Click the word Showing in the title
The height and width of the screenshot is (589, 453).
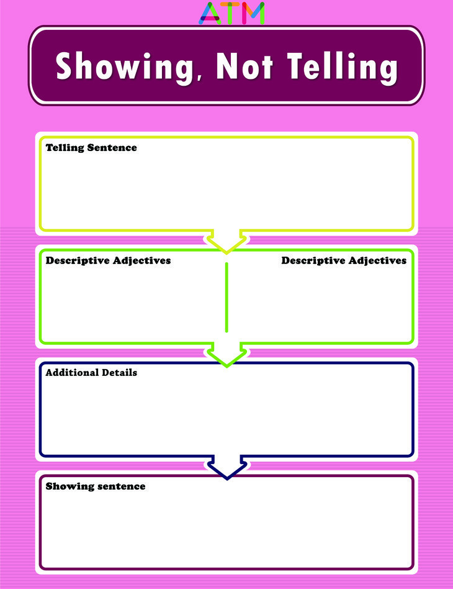coord(124,66)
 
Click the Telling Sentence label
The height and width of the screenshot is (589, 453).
coord(91,148)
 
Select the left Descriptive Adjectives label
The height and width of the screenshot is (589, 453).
coord(108,260)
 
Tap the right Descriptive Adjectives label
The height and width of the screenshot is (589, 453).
coord(344,260)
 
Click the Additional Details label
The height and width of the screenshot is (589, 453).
coord(91,373)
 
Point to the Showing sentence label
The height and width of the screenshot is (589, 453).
coord(95,486)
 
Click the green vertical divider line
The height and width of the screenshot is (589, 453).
coord(226,297)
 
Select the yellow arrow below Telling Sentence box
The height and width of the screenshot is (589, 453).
coord(226,242)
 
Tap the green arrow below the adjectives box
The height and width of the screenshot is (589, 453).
coord(226,355)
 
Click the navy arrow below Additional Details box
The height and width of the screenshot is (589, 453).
coord(226,468)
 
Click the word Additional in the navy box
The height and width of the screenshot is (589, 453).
coord(72,373)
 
